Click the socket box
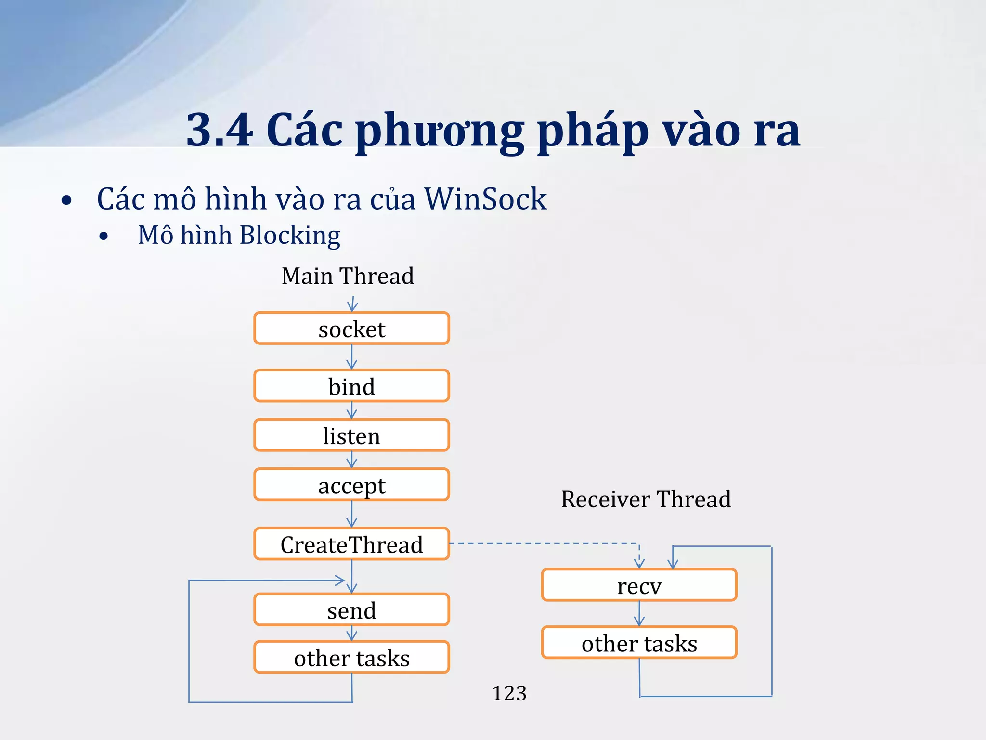[351, 329]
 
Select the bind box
[351, 386]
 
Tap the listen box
[351, 436]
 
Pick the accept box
[351, 485]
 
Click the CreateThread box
[351, 544]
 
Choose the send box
[351, 610]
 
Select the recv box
[639, 585]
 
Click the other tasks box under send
[351, 657]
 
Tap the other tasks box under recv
[639, 643]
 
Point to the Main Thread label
[348, 276]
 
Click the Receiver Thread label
[646, 499]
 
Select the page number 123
[509, 693]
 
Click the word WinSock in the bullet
[485, 198]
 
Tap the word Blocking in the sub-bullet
[290, 236]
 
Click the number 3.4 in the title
[219, 130]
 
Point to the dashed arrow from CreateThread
[544, 543]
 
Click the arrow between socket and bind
[351, 357]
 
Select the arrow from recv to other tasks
[639, 614]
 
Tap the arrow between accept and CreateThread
[351, 514]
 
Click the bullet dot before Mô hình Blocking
[104, 237]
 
